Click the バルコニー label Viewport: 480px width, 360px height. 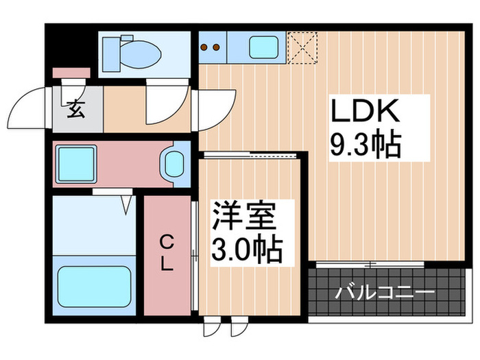(385, 293)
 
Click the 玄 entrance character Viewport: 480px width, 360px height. (75, 109)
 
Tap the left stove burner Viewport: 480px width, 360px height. (205, 48)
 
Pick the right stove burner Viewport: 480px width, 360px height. (215, 48)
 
